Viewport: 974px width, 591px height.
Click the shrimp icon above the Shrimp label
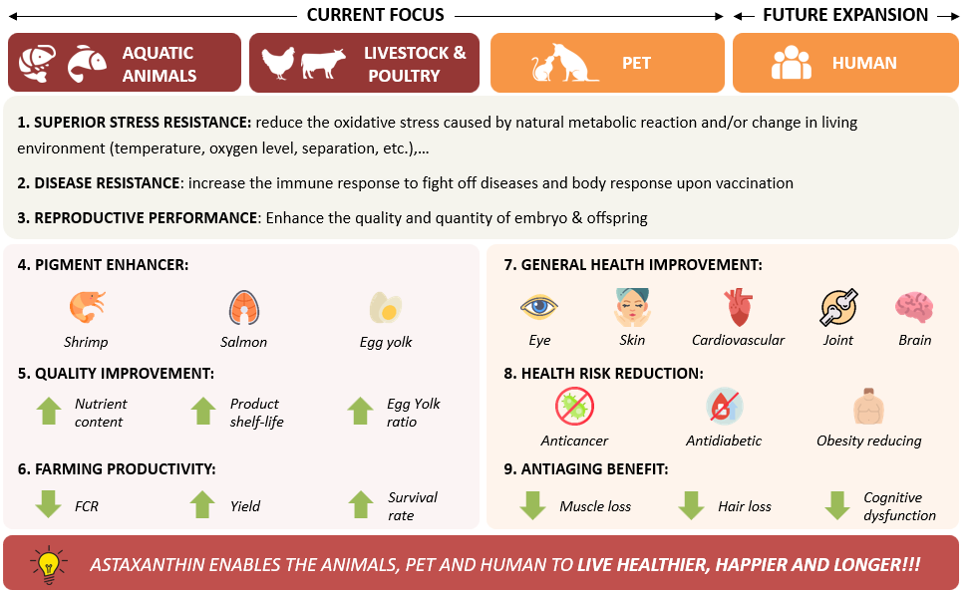(x=86, y=305)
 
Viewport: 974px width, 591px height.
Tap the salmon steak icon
(x=244, y=307)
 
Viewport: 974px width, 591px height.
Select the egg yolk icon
(x=385, y=307)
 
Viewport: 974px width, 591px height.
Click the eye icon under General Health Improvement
(x=539, y=307)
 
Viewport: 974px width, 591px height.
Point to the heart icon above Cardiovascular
(x=738, y=308)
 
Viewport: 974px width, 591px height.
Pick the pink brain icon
(x=913, y=307)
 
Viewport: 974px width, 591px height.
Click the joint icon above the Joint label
(x=838, y=307)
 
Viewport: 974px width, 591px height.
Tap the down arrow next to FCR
(x=48, y=503)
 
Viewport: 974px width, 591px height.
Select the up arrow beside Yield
(x=203, y=503)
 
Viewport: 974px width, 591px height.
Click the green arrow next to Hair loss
(x=692, y=504)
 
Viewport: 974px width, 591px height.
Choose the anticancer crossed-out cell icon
(x=574, y=407)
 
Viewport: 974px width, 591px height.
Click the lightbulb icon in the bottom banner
(x=48, y=564)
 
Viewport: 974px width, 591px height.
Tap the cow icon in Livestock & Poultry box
(x=323, y=64)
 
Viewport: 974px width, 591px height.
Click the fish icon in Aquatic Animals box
(x=87, y=64)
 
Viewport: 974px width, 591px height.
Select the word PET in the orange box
(x=636, y=63)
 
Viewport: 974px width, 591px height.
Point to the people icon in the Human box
(x=791, y=63)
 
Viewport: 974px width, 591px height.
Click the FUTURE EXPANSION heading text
(x=845, y=15)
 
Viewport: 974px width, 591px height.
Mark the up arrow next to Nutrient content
(x=48, y=411)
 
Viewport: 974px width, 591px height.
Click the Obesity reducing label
(x=868, y=441)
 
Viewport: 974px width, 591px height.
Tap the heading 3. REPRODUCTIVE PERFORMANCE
(x=137, y=217)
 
